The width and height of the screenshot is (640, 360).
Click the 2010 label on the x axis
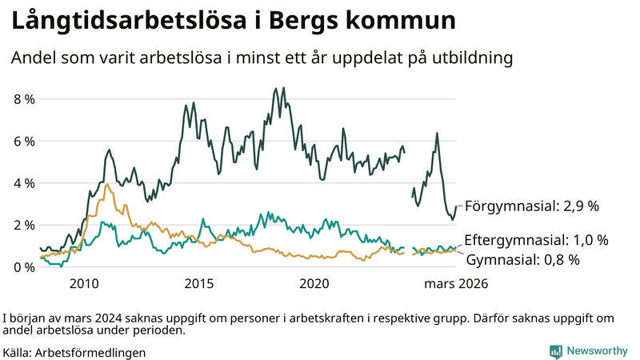coord(84,284)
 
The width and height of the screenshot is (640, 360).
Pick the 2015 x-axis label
coord(198,284)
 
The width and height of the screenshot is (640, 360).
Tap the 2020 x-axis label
coord(314,284)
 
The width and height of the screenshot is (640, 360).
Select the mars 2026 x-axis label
coord(455,284)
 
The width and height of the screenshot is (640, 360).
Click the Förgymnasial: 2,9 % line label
coord(531,206)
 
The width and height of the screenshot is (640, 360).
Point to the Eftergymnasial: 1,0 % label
coord(536,240)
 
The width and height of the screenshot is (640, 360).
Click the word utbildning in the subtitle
coord(473,58)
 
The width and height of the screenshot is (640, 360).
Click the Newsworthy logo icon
coord(555,351)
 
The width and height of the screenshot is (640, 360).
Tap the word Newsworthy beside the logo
coord(597,351)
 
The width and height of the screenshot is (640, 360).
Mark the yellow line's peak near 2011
coord(106,184)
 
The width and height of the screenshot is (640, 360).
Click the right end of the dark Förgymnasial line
coord(456,206)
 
